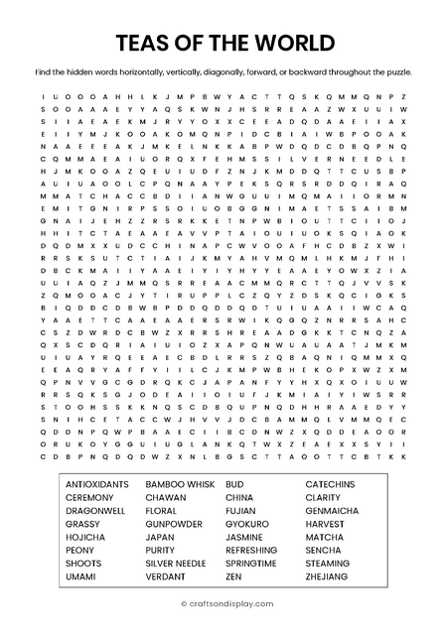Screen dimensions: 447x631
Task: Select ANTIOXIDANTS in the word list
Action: click(96, 483)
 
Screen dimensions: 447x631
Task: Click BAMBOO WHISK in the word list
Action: click(180, 483)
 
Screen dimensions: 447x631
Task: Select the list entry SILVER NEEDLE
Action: click(176, 563)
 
